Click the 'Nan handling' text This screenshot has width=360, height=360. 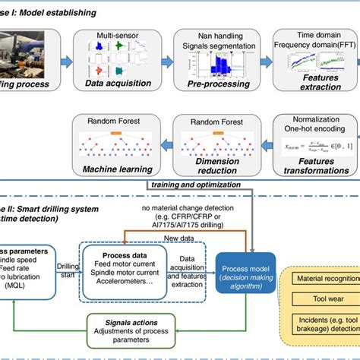click(202, 35)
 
